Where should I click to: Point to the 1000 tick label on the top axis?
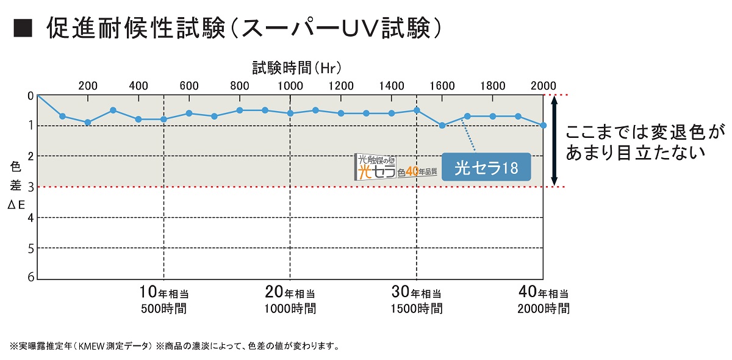coord(290,85)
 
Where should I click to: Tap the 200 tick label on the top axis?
coord(88,85)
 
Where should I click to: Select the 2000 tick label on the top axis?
coord(543,85)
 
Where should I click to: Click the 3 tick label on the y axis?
coord(30,187)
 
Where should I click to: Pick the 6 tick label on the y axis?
coord(30,278)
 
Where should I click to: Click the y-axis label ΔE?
coord(16,205)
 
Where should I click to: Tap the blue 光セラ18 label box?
coord(486,167)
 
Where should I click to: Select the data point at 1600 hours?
coord(442,126)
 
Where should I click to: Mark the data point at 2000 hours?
coord(543,125)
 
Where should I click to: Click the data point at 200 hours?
coord(88,122)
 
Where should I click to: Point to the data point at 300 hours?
coord(113,110)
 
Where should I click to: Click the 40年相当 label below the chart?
coord(544,291)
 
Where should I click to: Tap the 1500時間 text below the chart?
coord(417,309)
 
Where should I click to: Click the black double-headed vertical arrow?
coord(554,141)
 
